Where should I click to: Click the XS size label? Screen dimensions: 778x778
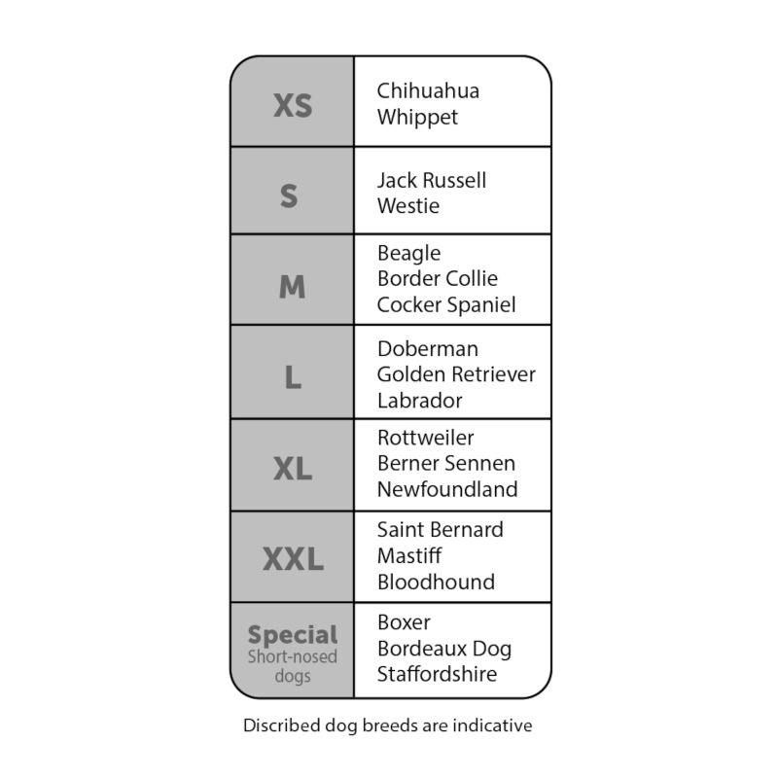293,105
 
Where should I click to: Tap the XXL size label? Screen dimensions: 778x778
293,558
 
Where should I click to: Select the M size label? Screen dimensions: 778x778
293,286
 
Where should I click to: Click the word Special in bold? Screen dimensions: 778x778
293,635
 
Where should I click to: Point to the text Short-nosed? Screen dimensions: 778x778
293,656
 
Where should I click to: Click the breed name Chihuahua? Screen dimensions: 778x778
428,90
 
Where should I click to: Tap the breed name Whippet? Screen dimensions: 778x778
417,118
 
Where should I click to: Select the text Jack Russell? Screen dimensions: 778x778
432,180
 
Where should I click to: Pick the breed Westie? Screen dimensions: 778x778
408,206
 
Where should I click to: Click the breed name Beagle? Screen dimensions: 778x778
408,254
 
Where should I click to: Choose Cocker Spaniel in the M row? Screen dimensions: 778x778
446,304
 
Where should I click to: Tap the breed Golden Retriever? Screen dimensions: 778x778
456,374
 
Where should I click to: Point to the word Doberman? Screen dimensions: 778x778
428,349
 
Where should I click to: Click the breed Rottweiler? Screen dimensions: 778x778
426,438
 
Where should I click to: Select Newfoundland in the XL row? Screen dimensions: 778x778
447,489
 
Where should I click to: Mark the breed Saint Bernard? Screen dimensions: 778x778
441,530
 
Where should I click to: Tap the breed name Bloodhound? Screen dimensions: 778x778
436,582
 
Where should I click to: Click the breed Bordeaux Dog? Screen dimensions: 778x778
444,649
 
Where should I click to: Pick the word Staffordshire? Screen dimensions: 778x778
437,674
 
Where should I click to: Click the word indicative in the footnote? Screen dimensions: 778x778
493,725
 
